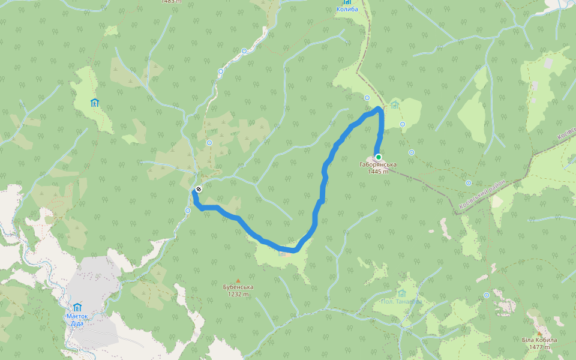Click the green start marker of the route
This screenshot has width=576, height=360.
pyautogui.click(x=379, y=157)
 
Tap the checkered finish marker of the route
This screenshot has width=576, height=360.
pyautogui.click(x=198, y=190)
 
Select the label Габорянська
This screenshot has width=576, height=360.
pyautogui.click(x=377, y=164)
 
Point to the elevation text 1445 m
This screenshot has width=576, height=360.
pyautogui.click(x=378, y=171)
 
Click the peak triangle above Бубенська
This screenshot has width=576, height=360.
pyautogui.click(x=238, y=280)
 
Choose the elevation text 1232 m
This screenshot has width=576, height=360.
pyautogui.click(x=238, y=294)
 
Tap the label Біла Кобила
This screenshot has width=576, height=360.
pyautogui.click(x=539, y=340)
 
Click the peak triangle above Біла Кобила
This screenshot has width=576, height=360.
pyautogui.click(x=539, y=333)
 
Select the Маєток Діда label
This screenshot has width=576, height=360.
pyautogui.click(x=77, y=320)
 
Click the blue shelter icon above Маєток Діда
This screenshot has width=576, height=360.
pyautogui.click(x=77, y=308)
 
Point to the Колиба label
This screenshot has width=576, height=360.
pyautogui.click(x=347, y=9)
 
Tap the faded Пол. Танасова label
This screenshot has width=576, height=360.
pyautogui.click(x=400, y=301)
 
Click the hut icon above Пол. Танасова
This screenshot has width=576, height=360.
pyautogui.click(x=402, y=293)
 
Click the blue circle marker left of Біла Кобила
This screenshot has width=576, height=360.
pyautogui.click(x=487, y=295)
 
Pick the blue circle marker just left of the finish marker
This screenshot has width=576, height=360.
pyautogui.click(x=188, y=211)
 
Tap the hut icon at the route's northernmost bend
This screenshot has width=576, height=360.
pyautogui.click(x=394, y=106)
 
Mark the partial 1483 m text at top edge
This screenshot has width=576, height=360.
pyautogui.click(x=171, y=2)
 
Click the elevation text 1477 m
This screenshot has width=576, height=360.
pyautogui.click(x=539, y=347)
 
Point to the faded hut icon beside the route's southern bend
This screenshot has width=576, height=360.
pyautogui.click(x=281, y=254)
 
